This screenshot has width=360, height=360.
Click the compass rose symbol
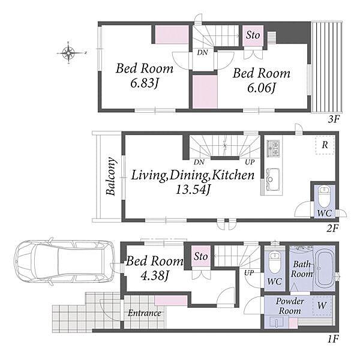(68, 53)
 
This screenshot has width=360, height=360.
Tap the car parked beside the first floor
(65, 261)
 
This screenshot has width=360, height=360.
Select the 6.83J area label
(145, 83)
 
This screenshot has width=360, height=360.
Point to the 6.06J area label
(262, 88)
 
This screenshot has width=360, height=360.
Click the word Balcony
(111, 176)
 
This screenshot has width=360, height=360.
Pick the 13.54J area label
(193, 190)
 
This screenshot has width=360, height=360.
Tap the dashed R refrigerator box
(325, 145)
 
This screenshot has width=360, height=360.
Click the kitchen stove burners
(273, 148)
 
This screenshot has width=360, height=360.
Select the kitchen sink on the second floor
(273, 179)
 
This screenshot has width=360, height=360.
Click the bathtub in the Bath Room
(324, 269)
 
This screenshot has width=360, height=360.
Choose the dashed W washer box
(322, 306)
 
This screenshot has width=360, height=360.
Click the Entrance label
(145, 313)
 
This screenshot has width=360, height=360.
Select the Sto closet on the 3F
(253, 36)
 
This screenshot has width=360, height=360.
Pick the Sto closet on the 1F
(201, 256)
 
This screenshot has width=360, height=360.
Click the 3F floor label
(334, 119)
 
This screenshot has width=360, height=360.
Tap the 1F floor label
(333, 339)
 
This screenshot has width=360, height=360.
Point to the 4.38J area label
(155, 275)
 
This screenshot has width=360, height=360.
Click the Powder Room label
(290, 306)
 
